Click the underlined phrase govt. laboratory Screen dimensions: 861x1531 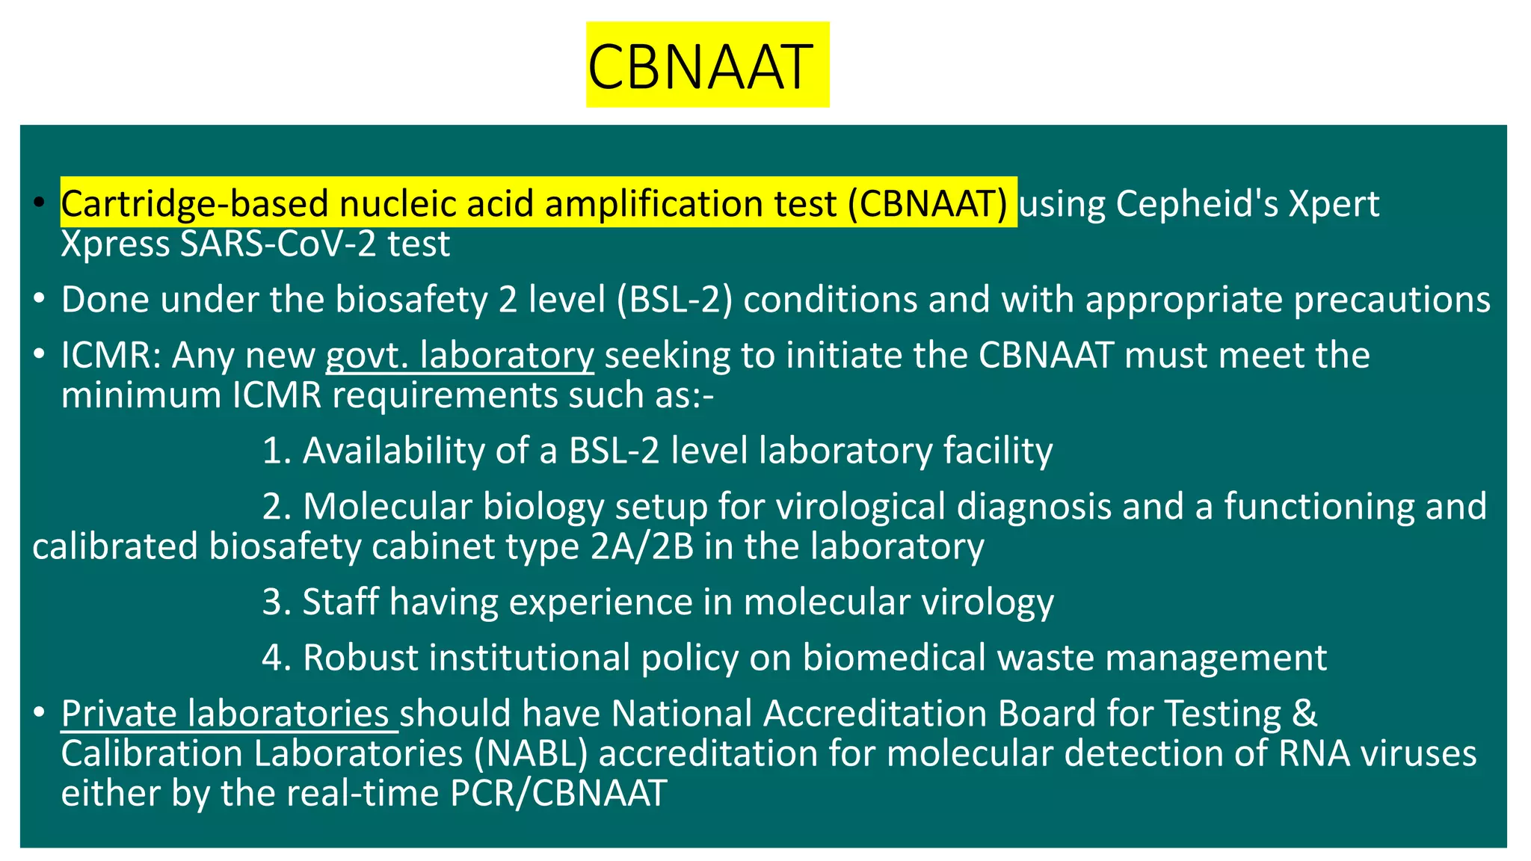click(460, 355)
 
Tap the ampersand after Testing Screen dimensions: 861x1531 click(1304, 713)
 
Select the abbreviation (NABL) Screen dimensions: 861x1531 click(530, 753)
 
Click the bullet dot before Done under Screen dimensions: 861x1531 click(40, 300)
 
